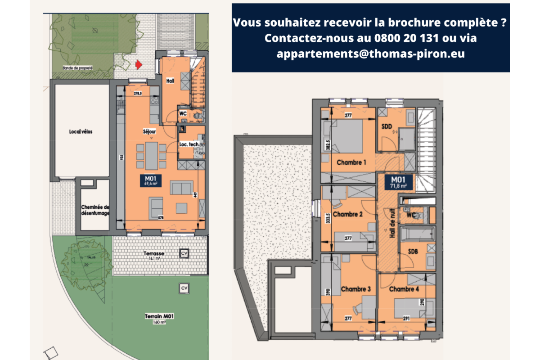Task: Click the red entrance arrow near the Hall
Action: pyautogui.click(x=139, y=65)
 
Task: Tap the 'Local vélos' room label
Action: pyautogui.click(x=81, y=132)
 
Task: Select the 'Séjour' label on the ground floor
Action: pyautogui.click(x=149, y=132)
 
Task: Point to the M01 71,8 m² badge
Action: pyautogui.click(x=399, y=182)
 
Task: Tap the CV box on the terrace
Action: pyautogui.click(x=183, y=254)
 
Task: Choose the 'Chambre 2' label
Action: pyautogui.click(x=348, y=214)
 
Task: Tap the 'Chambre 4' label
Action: pyautogui.click(x=404, y=289)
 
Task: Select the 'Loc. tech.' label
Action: pyautogui.click(x=189, y=144)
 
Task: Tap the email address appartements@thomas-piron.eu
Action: pyautogui.click(x=371, y=54)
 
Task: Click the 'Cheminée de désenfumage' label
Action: pyautogui.click(x=95, y=210)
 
